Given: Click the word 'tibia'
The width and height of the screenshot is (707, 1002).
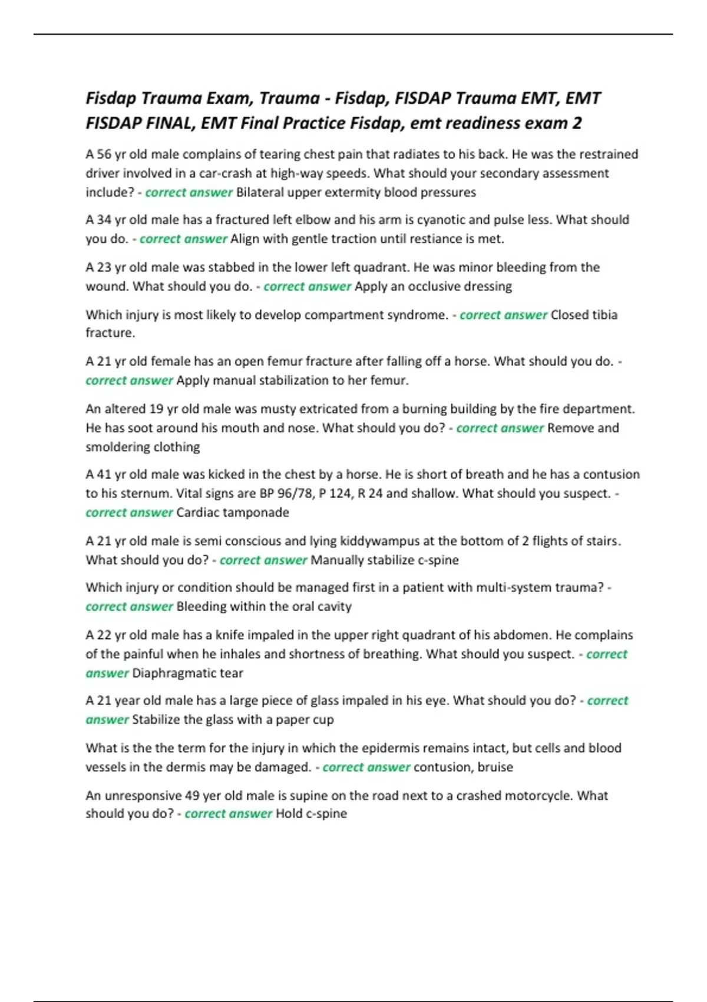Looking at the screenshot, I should click(x=604, y=315).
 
